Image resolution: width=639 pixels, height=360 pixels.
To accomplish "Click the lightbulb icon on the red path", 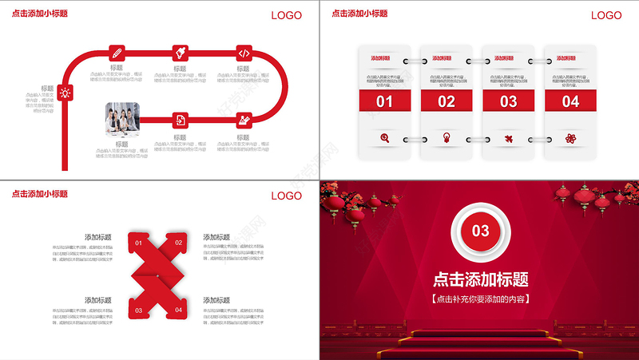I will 65,93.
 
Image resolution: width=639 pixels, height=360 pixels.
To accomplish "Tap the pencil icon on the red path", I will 117,53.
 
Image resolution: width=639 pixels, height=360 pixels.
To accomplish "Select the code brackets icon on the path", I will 244,53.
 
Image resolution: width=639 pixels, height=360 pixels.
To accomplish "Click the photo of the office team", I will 121,117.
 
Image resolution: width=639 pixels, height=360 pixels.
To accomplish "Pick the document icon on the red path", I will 181,120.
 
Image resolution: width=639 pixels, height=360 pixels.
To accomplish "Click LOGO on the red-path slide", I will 287,15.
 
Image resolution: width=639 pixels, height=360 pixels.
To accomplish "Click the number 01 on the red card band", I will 384,101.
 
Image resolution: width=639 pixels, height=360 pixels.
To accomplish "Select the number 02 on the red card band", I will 447,101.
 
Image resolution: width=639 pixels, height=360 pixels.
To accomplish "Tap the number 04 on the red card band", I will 570,101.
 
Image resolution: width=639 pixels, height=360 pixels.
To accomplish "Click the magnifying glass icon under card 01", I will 385,138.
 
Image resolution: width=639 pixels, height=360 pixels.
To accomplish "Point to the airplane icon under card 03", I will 508,138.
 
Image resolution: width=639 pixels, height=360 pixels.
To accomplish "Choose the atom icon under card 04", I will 570,138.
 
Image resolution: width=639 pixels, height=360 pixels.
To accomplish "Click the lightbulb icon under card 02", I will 447,138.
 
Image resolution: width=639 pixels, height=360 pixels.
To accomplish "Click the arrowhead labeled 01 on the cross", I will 139,243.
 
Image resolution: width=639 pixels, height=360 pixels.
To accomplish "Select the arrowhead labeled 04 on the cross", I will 178,309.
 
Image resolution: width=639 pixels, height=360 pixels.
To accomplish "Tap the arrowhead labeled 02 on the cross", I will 178,243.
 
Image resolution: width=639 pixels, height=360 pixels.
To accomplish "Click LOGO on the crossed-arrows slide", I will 287,196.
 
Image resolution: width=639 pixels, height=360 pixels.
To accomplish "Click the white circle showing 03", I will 480,231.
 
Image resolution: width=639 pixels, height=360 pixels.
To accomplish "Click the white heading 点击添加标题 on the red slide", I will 480,279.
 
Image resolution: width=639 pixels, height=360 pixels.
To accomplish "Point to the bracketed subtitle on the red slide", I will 480,299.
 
